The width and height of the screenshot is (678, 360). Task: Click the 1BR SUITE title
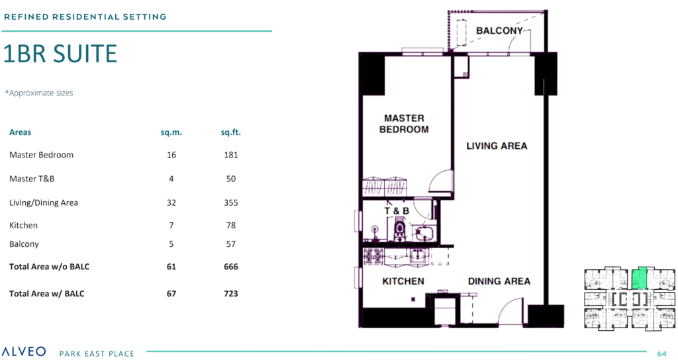coord(60,54)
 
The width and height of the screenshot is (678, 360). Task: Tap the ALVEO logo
coord(24,351)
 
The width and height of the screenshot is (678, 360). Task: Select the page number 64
coord(661,353)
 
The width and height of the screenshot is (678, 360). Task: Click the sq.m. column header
coord(171,132)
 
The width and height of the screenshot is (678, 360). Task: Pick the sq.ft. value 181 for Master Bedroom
coord(231,155)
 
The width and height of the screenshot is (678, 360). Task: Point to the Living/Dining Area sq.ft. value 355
coord(231,202)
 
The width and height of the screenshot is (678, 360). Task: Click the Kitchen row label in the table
coord(23,225)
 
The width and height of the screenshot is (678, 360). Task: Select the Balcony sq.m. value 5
coord(171,244)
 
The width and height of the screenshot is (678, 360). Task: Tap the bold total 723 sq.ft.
coord(231,294)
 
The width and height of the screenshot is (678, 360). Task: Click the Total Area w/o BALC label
coord(49,267)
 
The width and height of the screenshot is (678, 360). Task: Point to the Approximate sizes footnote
coord(39,93)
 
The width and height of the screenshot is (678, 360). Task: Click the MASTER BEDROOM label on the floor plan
coord(405,124)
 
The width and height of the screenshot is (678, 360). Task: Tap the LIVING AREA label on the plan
coord(497,146)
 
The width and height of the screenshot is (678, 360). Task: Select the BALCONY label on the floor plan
coord(499,30)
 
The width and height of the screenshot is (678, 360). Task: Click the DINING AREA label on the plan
coord(499,281)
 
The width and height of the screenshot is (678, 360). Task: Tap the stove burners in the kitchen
coord(373,256)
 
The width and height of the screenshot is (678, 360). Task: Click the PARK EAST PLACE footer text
coord(97,353)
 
